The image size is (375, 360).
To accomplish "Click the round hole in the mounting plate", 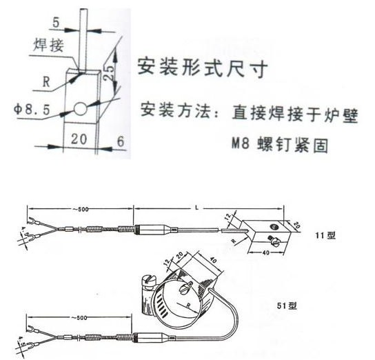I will pos(81,109).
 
